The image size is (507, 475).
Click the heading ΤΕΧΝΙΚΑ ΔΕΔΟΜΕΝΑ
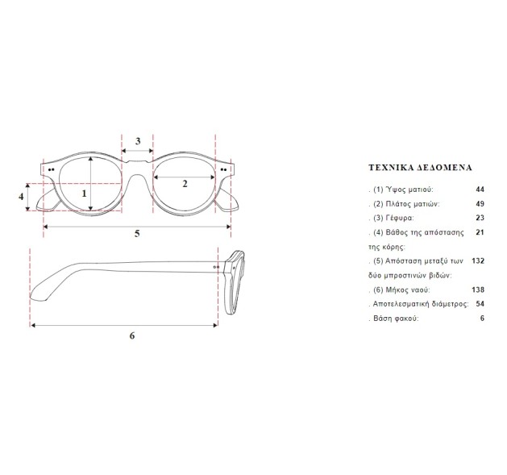tap(420, 168)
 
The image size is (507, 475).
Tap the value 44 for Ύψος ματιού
tap(480, 190)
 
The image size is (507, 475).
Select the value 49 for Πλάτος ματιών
tap(480, 204)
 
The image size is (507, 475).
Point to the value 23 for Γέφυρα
tap(480, 218)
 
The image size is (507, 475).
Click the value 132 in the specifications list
tap(478, 260)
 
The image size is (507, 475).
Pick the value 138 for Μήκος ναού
tap(478, 290)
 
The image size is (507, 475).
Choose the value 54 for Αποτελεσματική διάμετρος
tap(480, 304)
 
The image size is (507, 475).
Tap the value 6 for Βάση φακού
tap(483, 319)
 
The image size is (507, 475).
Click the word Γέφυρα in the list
tap(400, 218)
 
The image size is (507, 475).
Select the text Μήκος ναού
tap(408, 290)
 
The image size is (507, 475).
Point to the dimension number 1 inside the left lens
tap(85, 194)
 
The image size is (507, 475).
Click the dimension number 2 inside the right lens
tap(185, 184)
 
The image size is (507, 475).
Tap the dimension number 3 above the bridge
tap(138, 141)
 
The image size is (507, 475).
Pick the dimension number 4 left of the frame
tap(21, 197)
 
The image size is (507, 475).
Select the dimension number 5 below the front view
tap(137, 233)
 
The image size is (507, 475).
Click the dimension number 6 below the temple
tap(132, 335)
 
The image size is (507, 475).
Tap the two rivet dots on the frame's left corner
tap(51, 169)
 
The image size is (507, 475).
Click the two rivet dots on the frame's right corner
tap(223, 169)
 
